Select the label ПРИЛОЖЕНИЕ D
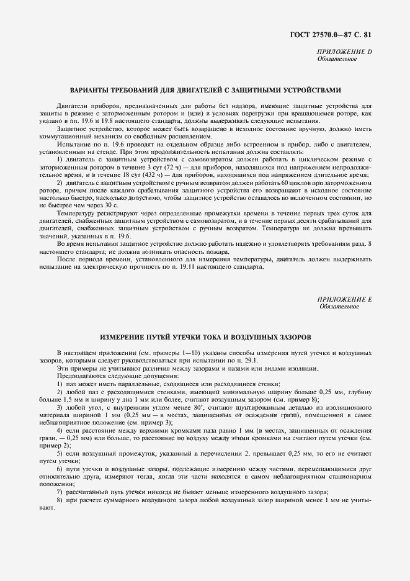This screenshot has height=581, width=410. click(x=344, y=52)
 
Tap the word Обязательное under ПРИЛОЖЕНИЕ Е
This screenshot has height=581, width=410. click(x=339, y=307)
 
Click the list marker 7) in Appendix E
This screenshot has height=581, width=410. click(x=60, y=491)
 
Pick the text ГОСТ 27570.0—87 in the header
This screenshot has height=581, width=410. click(x=324, y=36)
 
